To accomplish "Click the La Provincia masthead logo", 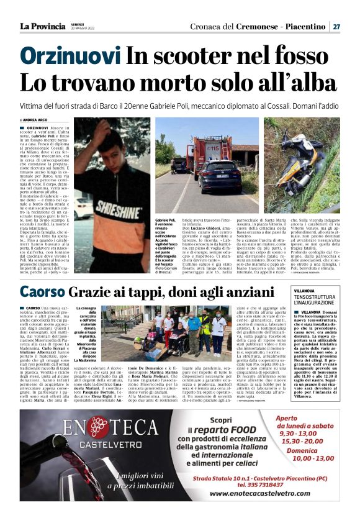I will pyautogui.click(x=42, y=26).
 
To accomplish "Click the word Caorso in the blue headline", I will pyautogui.click(x=42, y=291).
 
